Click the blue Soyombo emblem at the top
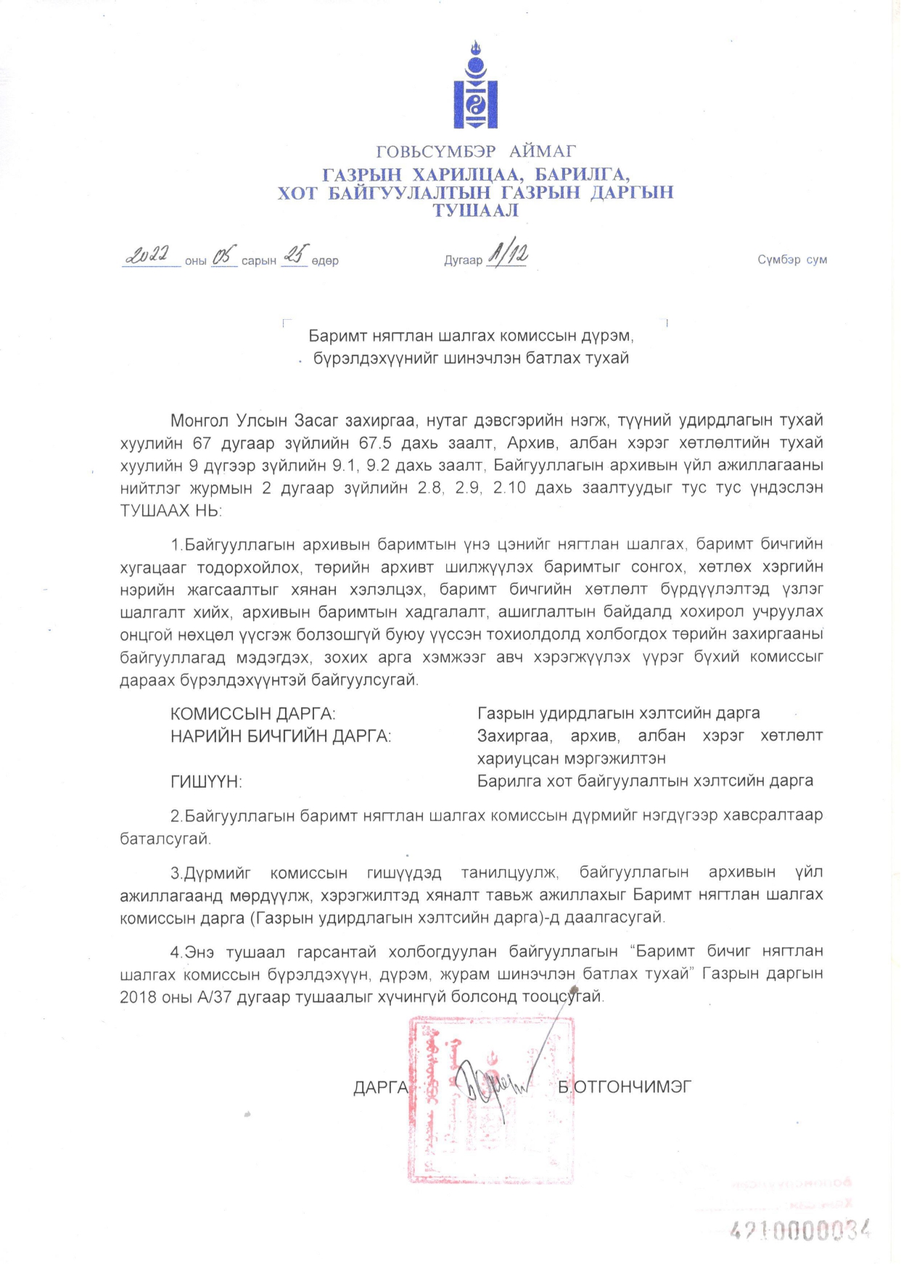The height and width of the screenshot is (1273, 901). coord(475,86)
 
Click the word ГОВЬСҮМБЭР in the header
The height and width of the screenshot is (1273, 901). coord(435,152)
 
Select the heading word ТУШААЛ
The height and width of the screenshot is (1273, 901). coord(475,211)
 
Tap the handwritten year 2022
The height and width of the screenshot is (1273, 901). coord(149,255)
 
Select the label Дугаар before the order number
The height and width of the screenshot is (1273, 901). coord(463,260)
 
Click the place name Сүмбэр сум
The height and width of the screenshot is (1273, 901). coord(792,260)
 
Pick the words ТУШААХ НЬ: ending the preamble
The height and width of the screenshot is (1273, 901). coord(171,511)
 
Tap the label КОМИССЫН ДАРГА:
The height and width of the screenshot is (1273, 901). coord(252,714)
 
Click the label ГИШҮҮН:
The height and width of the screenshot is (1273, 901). coord(206,782)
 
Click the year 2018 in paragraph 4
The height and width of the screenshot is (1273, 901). coord(139,997)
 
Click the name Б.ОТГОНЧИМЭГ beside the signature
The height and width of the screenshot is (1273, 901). coord(624,1087)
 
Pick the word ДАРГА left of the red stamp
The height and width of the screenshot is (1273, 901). coord(381,1087)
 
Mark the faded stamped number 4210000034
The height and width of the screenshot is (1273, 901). coord(799,1231)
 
